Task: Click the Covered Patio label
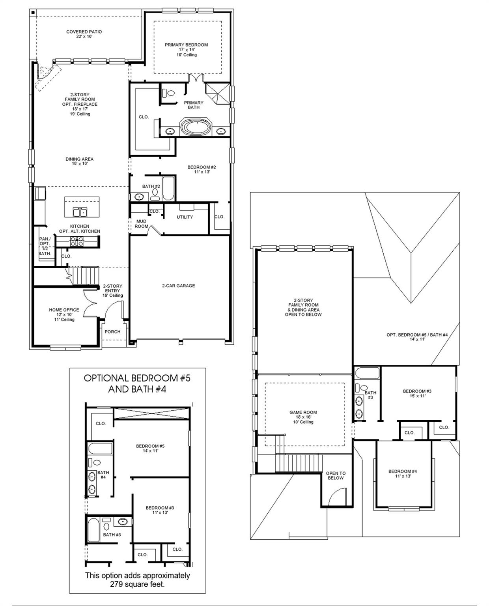click(84, 32)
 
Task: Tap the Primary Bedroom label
click(186, 45)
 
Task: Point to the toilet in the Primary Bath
click(170, 94)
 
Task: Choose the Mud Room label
click(141, 224)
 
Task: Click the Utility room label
click(185, 217)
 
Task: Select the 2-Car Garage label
click(178, 286)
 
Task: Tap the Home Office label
click(64, 310)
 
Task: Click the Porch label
click(112, 332)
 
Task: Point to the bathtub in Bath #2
click(167, 189)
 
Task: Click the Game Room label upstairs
click(303, 413)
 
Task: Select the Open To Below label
click(336, 475)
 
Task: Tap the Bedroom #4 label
click(403, 471)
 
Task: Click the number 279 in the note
click(118, 584)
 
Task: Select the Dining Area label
click(79, 159)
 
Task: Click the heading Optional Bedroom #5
click(137, 378)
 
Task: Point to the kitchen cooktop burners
click(77, 242)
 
